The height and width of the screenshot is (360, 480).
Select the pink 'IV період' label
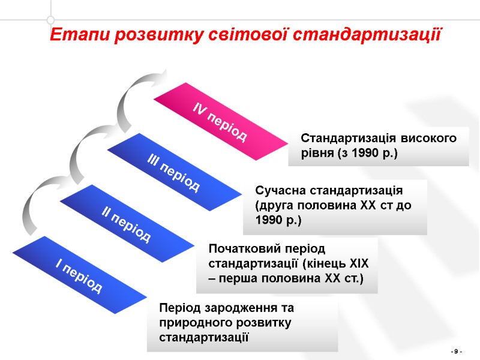(x=220, y=122)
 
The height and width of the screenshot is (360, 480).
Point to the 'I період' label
(x=79, y=275)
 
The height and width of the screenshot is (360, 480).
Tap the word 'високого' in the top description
(x=431, y=139)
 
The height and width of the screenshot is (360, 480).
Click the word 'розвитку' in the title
(x=149, y=33)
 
